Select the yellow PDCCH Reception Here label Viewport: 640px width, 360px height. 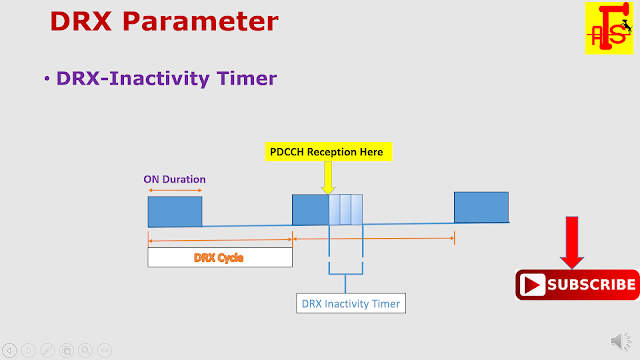pyautogui.click(x=325, y=152)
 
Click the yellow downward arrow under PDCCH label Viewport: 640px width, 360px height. pyautogui.click(x=327, y=178)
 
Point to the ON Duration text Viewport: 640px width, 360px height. pyautogui.click(x=174, y=179)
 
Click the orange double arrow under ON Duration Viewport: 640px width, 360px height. pyautogui.click(x=174, y=190)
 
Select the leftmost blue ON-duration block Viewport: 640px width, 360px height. pyautogui.click(x=175, y=211)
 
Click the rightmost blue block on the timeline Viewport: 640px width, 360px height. pyautogui.click(x=481, y=207)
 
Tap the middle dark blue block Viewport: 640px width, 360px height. pyautogui.click(x=310, y=210)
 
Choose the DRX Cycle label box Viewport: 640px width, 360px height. pyautogui.click(x=219, y=257)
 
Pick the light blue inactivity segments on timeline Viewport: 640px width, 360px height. pyautogui.click(x=345, y=210)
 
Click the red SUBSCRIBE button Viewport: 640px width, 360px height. pyautogui.click(x=577, y=285)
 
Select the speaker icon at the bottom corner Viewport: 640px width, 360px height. pyautogui.click(x=618, y=344)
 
